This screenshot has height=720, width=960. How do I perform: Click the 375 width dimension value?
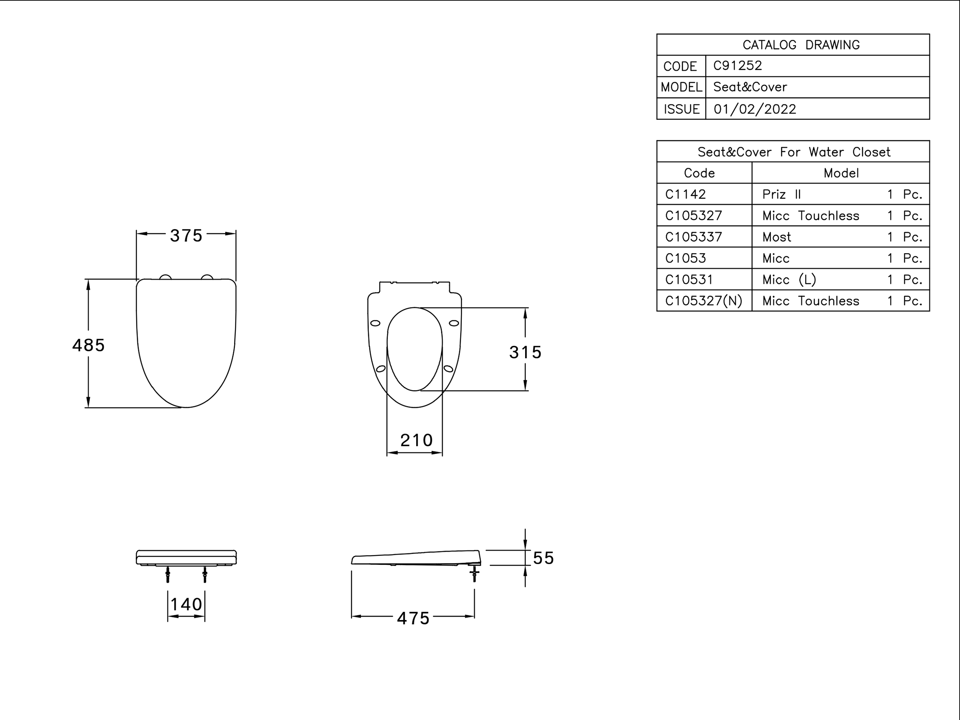186,236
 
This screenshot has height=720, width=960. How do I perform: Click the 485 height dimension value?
88,345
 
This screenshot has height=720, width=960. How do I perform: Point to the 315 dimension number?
525,352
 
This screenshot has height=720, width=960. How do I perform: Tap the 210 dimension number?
416,440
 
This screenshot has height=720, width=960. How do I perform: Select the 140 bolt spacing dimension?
186,604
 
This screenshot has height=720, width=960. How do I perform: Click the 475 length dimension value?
413,618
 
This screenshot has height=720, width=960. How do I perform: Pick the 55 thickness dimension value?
543,558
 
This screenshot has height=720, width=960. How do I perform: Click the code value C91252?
737,65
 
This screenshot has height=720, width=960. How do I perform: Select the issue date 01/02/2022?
755,109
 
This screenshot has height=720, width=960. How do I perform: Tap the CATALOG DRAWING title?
801,45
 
